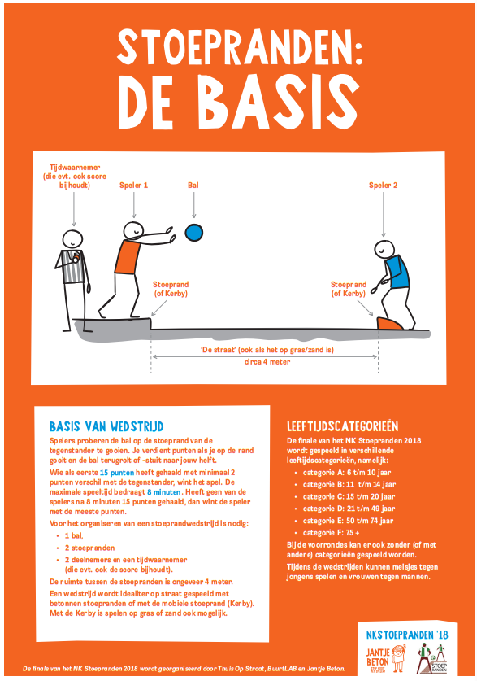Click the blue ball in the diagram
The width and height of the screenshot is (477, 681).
193,233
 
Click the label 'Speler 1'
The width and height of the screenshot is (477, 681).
134,186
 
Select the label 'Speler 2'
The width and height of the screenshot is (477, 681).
384,186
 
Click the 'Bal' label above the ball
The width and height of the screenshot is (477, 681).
193,186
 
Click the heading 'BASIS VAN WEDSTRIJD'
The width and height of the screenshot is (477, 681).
106,426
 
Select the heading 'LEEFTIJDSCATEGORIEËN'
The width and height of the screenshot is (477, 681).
342,426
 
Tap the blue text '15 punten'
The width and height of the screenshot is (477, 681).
115,472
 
